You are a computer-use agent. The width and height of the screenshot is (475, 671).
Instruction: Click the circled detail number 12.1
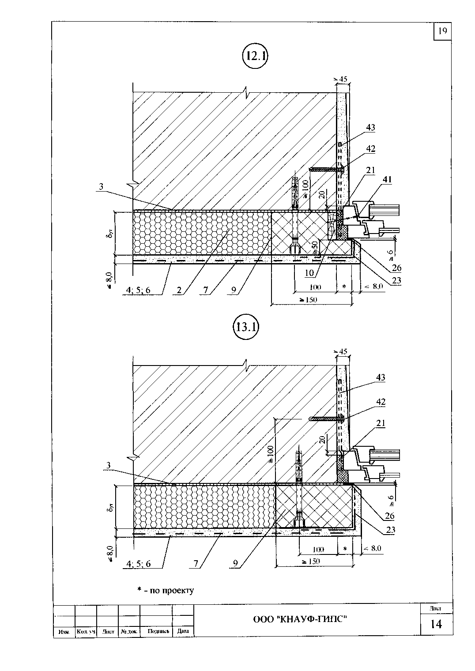pyautogui.click(x=256, y=56)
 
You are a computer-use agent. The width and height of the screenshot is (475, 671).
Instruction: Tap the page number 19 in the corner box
pyautogui.click(x=442, y=31)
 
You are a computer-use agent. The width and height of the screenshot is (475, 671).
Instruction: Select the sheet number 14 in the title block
pyautogui.click(x=436, y=624)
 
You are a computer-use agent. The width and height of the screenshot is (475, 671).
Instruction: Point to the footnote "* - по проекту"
pyautogui.click(x=166, y=590)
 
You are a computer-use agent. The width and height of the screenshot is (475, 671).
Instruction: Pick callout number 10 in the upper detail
pyautogui.click(x=309, y=273)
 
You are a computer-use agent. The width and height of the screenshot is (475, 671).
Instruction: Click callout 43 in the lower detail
pyautogui.click(x=381, y=377)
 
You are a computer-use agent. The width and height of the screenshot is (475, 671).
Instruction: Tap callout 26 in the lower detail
pyautogui.click(x=389, y=516)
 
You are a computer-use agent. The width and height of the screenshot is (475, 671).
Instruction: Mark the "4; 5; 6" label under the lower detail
pyautogui.click(x=138, y=563)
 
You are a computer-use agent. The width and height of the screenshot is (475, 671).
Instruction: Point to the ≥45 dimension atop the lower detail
pyautogui.click(x=341, y=351)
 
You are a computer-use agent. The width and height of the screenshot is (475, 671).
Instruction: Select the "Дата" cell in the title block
pyautogui.click(x=183, y=631)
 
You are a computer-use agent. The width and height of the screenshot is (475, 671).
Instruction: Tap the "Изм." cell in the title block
pyautogui.click(x=64, y=632)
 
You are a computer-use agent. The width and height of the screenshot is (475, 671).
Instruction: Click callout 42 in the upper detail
pyautogui.click(x=370, y=149)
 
